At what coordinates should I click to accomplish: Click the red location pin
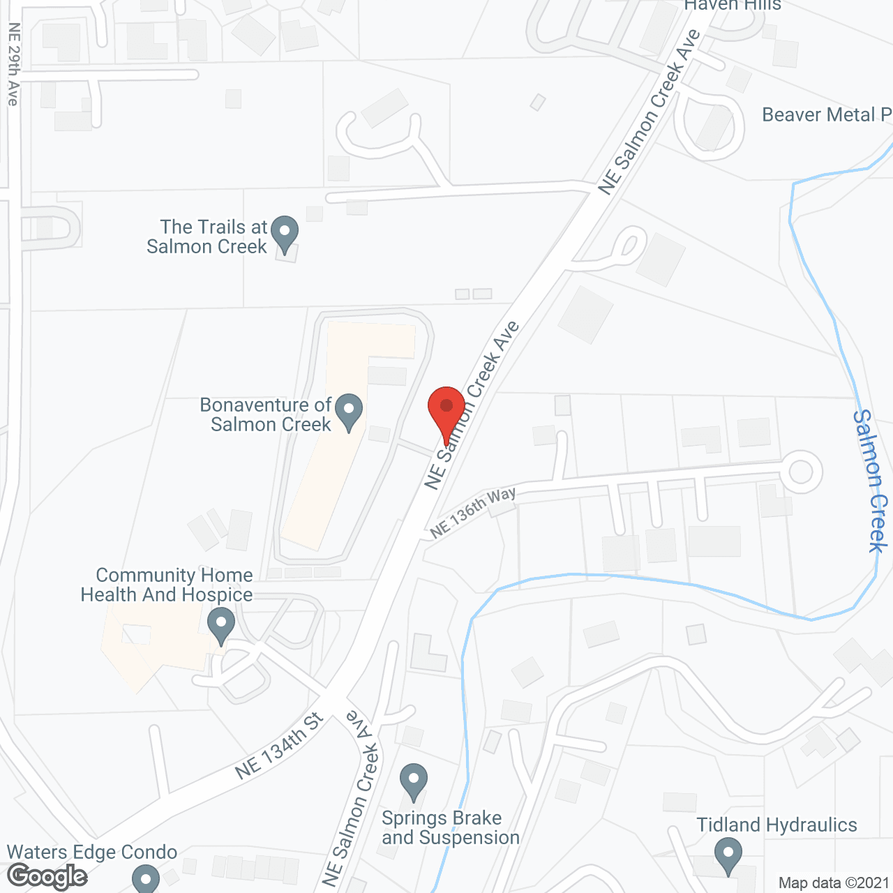coord(446,412)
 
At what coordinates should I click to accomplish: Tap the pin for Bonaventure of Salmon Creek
coord(349,412)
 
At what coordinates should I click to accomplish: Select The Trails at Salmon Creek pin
coord(284,234)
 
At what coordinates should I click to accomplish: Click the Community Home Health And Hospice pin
coord(222,625)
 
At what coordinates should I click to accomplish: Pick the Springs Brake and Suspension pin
coord(414,781)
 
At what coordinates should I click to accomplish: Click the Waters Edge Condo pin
coord(146,877)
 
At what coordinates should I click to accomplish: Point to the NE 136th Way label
coord(473,512)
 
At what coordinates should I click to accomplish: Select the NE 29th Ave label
coord(13,64)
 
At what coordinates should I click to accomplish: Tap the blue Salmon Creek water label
coord(870,481)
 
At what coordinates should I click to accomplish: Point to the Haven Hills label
coord(732,6)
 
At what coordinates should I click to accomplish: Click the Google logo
coord(47,876)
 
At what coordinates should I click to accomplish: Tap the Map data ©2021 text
coord(834,883)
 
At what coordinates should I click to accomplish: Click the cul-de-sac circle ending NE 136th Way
coord(800,472)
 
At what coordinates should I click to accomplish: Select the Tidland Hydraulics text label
coord(776,825)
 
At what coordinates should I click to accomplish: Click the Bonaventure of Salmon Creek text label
coord(266,414)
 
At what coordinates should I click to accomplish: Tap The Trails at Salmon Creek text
coord(207,237)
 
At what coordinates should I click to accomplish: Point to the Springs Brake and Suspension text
coord(451,827)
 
